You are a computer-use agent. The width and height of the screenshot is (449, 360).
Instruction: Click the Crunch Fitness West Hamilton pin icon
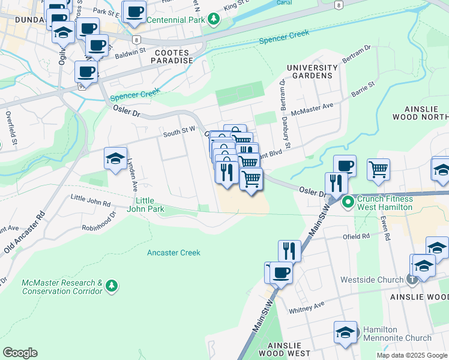pyautogui.click(x=348, y=203)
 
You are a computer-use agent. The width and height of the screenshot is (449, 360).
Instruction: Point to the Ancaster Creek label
pyautogui.click(x=173, y=253)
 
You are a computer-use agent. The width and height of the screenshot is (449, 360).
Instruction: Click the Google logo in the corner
pyautogui.click(x=20, y=352)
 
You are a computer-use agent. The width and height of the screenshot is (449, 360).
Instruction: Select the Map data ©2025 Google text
pyautogui.click(x=411, y=355)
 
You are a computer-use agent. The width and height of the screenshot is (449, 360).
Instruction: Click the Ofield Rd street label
pyautogui.click(x=357, y=236)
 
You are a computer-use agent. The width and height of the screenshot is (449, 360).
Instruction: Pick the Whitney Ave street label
pyautogui.click(x=306, y=307)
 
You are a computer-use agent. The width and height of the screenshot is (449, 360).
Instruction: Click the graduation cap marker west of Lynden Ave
pyautogui.click(x=115, y=158)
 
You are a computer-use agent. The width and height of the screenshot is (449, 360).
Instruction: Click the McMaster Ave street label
pyautogui.click(x=312, y=109)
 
